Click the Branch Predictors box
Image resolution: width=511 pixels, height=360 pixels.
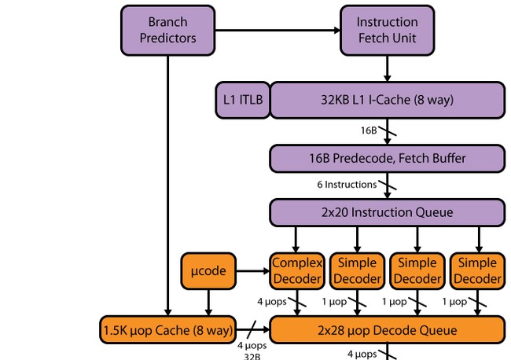167,30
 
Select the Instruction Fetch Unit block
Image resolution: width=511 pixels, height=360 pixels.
387,30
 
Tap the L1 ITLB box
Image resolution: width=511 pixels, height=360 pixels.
241,101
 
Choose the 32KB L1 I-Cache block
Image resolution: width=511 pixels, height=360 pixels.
387,101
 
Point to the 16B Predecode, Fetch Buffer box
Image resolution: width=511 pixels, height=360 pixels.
387,158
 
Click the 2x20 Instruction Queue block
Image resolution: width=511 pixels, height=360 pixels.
387,212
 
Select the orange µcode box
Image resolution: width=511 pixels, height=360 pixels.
208,271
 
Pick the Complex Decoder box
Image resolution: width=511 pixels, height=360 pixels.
296,270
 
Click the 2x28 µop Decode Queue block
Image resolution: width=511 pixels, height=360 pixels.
387,330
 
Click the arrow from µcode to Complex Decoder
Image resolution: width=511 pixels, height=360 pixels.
252,271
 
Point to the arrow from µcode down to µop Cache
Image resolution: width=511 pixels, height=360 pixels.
208,303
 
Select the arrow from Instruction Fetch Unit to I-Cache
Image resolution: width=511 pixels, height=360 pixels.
387,69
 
